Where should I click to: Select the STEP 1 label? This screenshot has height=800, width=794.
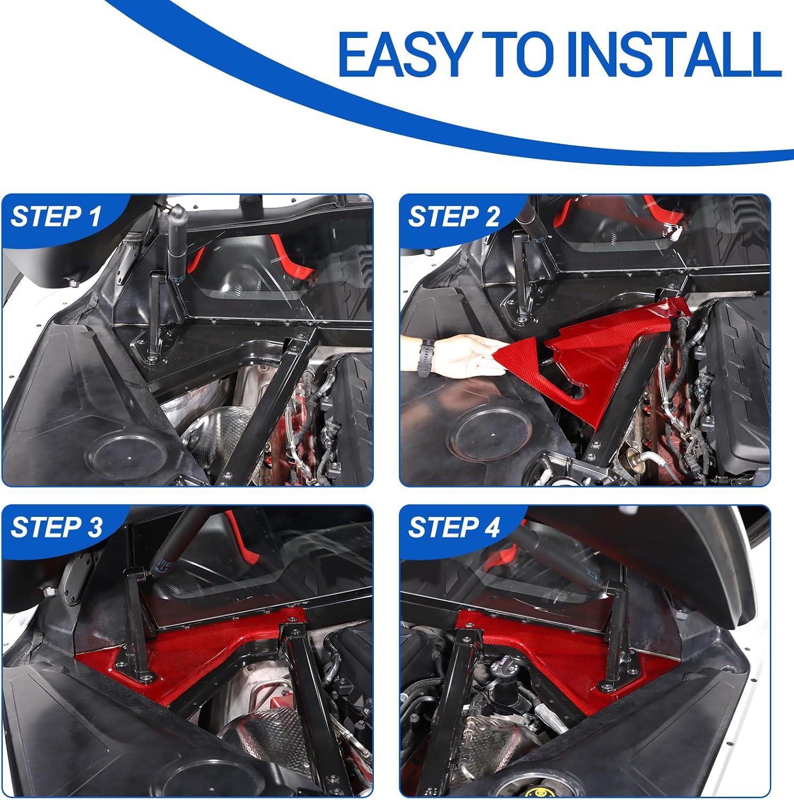pyautogui.click(x=56, y=217)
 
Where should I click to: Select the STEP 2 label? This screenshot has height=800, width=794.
pyautogui.click(x=454, y=217)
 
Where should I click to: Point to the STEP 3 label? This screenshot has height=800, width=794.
pyautogui.click(x=56, y=527)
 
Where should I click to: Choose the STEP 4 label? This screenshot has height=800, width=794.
pyautogui.click(x=454, y=527)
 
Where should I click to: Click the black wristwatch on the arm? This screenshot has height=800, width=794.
pyautogui.click(x=424, y=357)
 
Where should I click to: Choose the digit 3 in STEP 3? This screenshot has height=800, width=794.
pyautogui.click(x=94, y=527)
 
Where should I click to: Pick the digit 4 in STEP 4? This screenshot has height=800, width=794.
pyautogui.click(x=491, y=527)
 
